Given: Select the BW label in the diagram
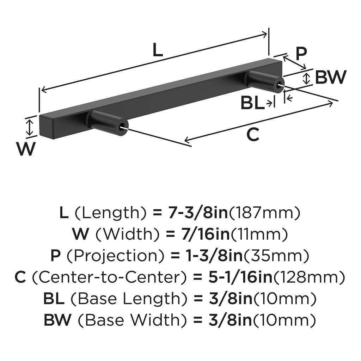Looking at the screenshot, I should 330,77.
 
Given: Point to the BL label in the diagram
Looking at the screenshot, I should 252,104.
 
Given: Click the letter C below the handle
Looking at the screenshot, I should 253,135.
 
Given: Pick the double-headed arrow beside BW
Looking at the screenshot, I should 307,78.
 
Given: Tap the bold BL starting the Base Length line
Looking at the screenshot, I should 54,299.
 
